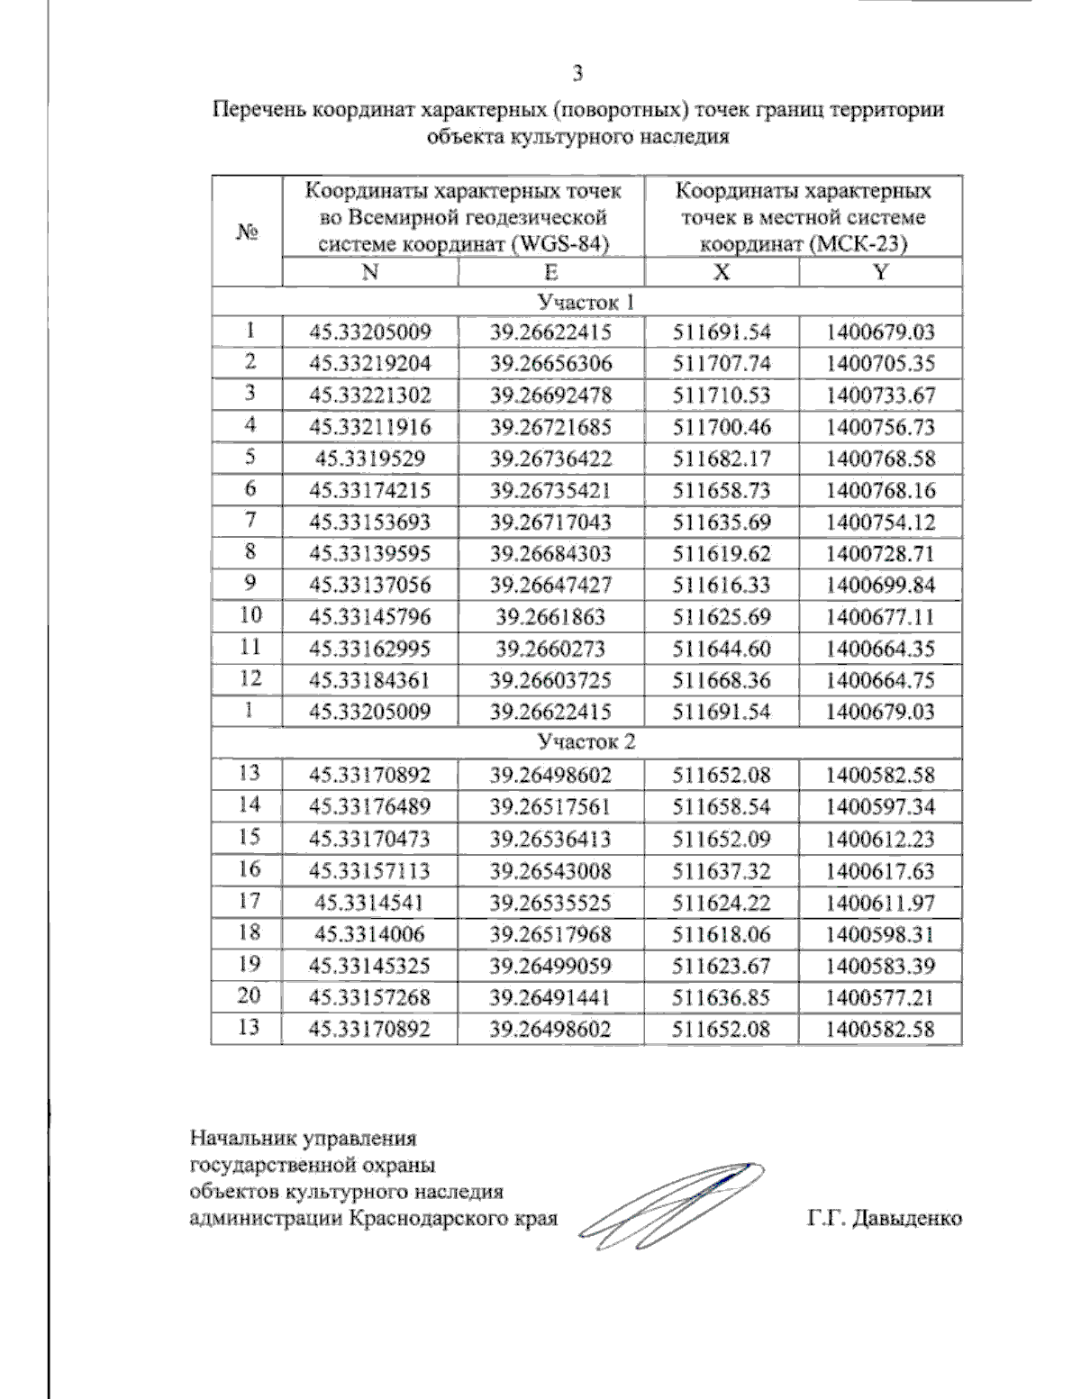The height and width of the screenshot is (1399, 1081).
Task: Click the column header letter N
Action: [x=369, y=273]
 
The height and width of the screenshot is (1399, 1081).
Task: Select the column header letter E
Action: [x=550, y=273]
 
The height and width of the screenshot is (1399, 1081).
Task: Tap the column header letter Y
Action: [x=880, y=273]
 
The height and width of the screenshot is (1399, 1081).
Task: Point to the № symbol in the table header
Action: [x=248, y=232]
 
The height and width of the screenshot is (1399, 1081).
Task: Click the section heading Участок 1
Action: [x=586, y=302]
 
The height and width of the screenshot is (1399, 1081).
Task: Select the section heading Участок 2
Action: [x=586, y=741]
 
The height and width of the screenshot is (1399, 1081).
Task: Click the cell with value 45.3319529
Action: [x=369, y=459]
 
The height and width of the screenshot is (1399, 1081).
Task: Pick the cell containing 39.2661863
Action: [x=550, y=617]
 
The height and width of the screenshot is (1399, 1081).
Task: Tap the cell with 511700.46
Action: [x=722, y=427]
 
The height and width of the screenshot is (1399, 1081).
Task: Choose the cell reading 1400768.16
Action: [x=880, y=491]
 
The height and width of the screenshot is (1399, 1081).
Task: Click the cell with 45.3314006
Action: [x=369, y=934]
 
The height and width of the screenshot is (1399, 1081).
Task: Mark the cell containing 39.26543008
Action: [x=550, y=871]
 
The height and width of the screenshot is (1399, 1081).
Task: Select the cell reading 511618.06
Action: [x=722, y=934]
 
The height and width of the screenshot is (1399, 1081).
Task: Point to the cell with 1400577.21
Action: [x=880, y=998]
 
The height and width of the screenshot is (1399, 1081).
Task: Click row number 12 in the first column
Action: [x=250, y=678]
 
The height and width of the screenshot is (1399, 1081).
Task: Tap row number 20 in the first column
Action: [x=249, y=996]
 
